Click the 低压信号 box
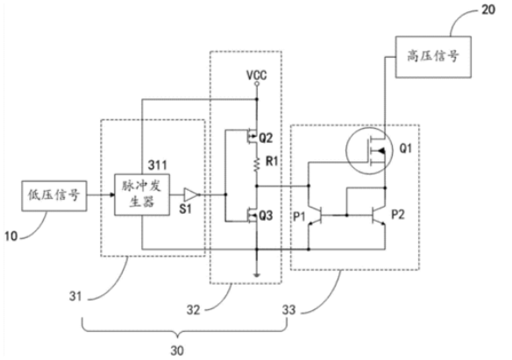54,196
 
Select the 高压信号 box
433,57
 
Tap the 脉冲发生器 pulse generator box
142,194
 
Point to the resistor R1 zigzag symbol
257,164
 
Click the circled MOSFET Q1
369,151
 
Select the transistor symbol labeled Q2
252,138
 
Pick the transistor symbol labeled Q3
252,215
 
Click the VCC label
256,75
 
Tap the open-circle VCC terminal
257,84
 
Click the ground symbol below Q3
257,275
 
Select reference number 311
158,166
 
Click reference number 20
488,10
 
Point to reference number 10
11,236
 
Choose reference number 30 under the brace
177,351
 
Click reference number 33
289,310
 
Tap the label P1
299,215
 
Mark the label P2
398,215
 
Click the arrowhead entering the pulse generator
112,195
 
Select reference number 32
193,310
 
